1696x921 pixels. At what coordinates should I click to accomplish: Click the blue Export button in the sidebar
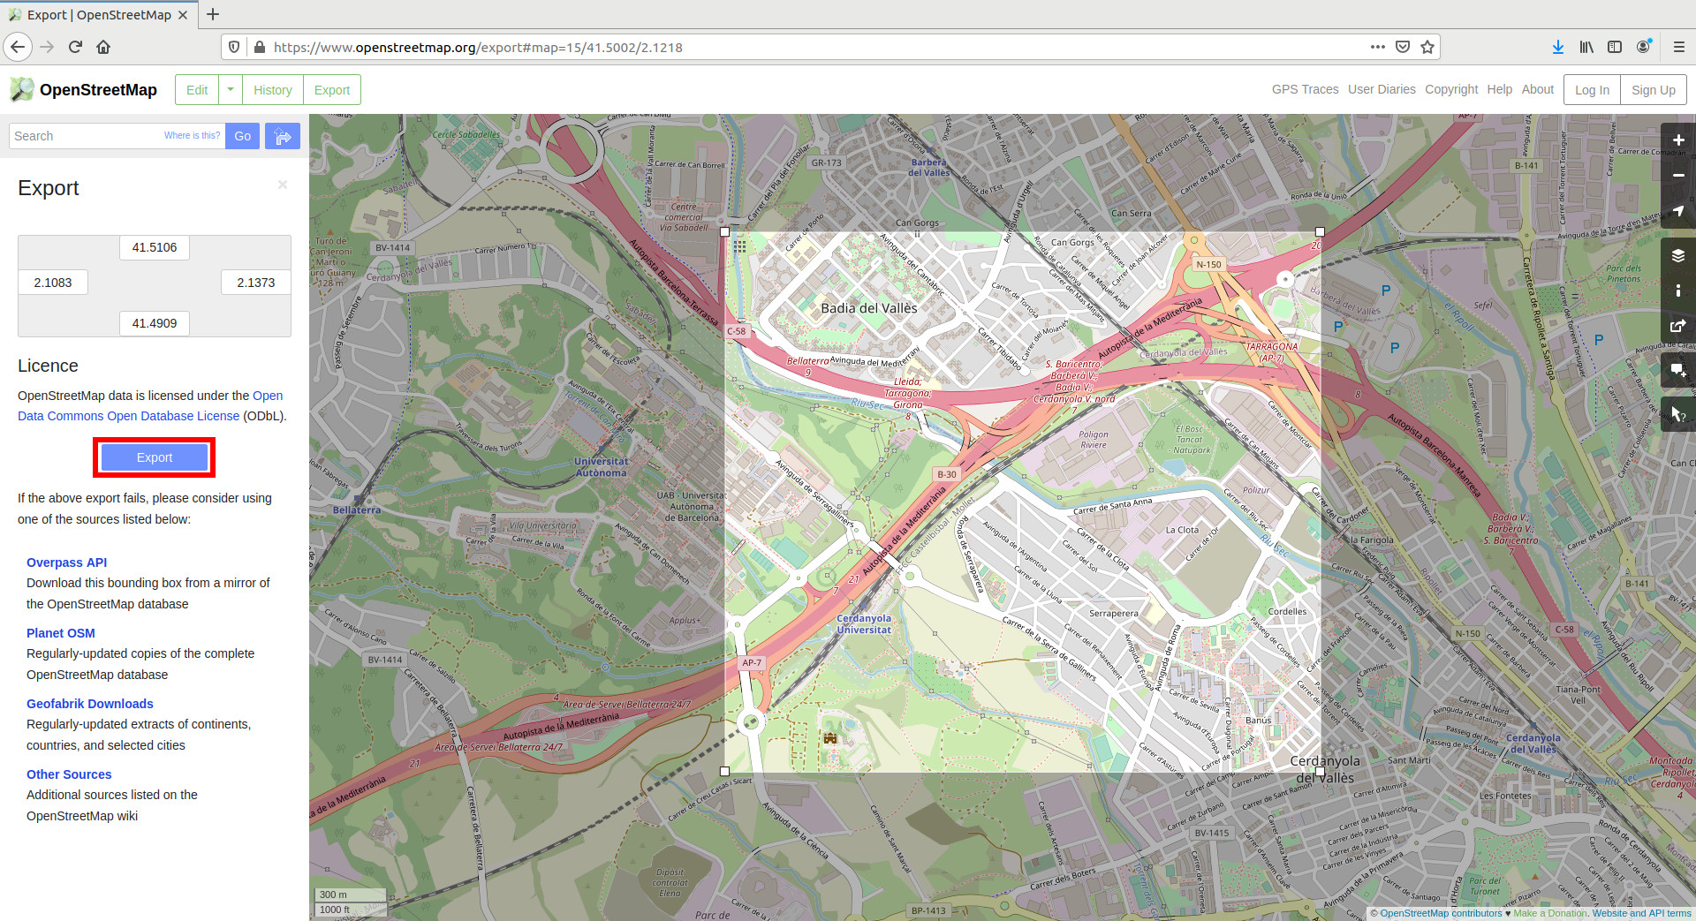point(155,457)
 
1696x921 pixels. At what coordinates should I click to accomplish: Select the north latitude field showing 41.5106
point(155,247)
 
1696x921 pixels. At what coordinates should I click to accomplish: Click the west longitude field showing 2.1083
point(53,283)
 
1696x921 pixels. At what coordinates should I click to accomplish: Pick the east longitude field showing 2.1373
point(255,283)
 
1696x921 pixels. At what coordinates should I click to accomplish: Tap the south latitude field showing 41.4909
point(155,323)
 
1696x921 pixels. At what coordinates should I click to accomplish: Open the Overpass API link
point(66,562)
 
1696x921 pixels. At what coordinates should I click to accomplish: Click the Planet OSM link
point(61,633)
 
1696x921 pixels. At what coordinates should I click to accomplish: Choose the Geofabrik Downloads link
point(90,704)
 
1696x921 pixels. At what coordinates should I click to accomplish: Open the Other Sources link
point(69,774)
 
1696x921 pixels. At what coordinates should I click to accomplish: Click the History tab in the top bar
point(272,90)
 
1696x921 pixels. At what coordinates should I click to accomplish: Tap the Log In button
point(1592,90)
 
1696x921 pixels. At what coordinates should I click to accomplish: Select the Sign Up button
point(1653,90)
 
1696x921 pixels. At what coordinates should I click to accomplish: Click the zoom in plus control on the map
point(1677,140)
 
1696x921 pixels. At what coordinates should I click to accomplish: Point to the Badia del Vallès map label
point(869,308)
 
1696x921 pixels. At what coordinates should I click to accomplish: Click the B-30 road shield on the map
point(947,474)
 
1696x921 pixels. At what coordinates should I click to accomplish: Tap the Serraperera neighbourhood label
point(1114,613)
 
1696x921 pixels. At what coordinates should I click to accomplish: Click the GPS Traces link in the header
point(1305,89)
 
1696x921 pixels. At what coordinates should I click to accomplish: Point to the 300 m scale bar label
point(334,895)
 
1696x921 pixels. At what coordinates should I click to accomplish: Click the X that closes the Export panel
point(283,185)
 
